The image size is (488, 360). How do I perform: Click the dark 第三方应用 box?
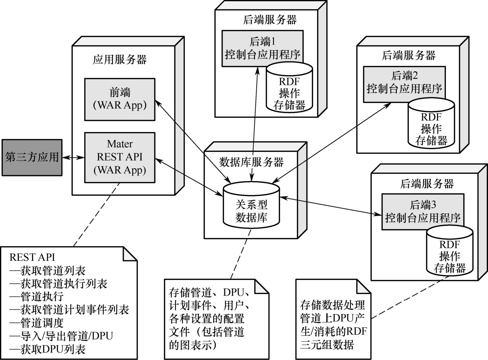coord(32,157)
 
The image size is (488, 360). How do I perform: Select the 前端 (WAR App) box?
coord(120,99)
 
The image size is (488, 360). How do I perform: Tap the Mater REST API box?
coord(120,157)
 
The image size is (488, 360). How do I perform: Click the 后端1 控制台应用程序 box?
coord(263,48)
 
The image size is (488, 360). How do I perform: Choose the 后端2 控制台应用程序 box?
coord(404,84)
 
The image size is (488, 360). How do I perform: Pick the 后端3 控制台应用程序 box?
coord(423,212)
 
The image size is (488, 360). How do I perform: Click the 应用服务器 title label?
coord(120,59)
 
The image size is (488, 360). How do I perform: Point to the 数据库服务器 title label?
coord(251,162)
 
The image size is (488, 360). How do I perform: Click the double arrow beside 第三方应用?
coord(73,158)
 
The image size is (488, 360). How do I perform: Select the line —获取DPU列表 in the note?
coord(48,349)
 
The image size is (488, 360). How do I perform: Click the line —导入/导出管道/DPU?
coord(62,336)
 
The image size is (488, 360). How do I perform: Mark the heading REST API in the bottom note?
coord(32,257)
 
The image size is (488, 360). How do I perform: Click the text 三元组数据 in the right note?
coord(327,344)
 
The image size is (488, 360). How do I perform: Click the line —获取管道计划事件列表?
coord(69,310)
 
